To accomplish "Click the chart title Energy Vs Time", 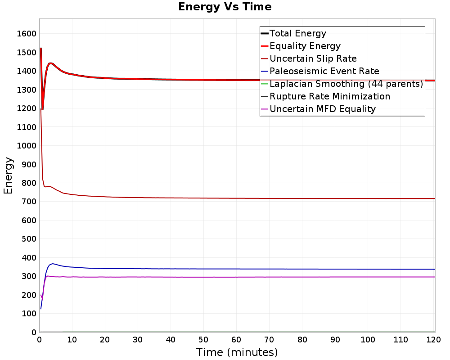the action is [225, 7].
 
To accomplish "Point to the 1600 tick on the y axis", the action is [27, 34].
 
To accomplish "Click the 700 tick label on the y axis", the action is [29, 202].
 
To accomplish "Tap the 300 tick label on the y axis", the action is [29, 276].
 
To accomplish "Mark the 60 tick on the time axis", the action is [236, 340].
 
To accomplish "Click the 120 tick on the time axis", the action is [433, 340].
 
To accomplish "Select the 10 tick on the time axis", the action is [72, 340].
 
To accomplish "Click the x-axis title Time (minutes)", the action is [237, 352].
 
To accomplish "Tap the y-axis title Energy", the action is [8, 175].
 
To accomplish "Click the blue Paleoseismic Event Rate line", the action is [238, 269].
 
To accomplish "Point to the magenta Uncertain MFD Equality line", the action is [238, 277].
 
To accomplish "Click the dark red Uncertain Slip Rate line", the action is [238, 198].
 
